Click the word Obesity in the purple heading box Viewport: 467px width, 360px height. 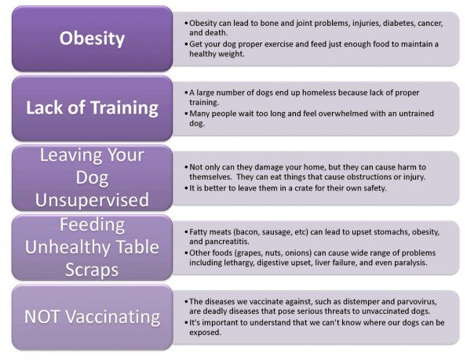tap(92, 38)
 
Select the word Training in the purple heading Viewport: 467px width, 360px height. tap(124, 108)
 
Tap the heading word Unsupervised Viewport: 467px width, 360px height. tap(92, 200)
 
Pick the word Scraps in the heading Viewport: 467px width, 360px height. tap(92, 270)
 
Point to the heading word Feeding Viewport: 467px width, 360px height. tap(93, 225)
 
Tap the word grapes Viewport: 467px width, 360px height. tap(248, 253)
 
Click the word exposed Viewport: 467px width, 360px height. tap(205, 333)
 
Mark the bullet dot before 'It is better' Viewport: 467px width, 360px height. tap(187, 188)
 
